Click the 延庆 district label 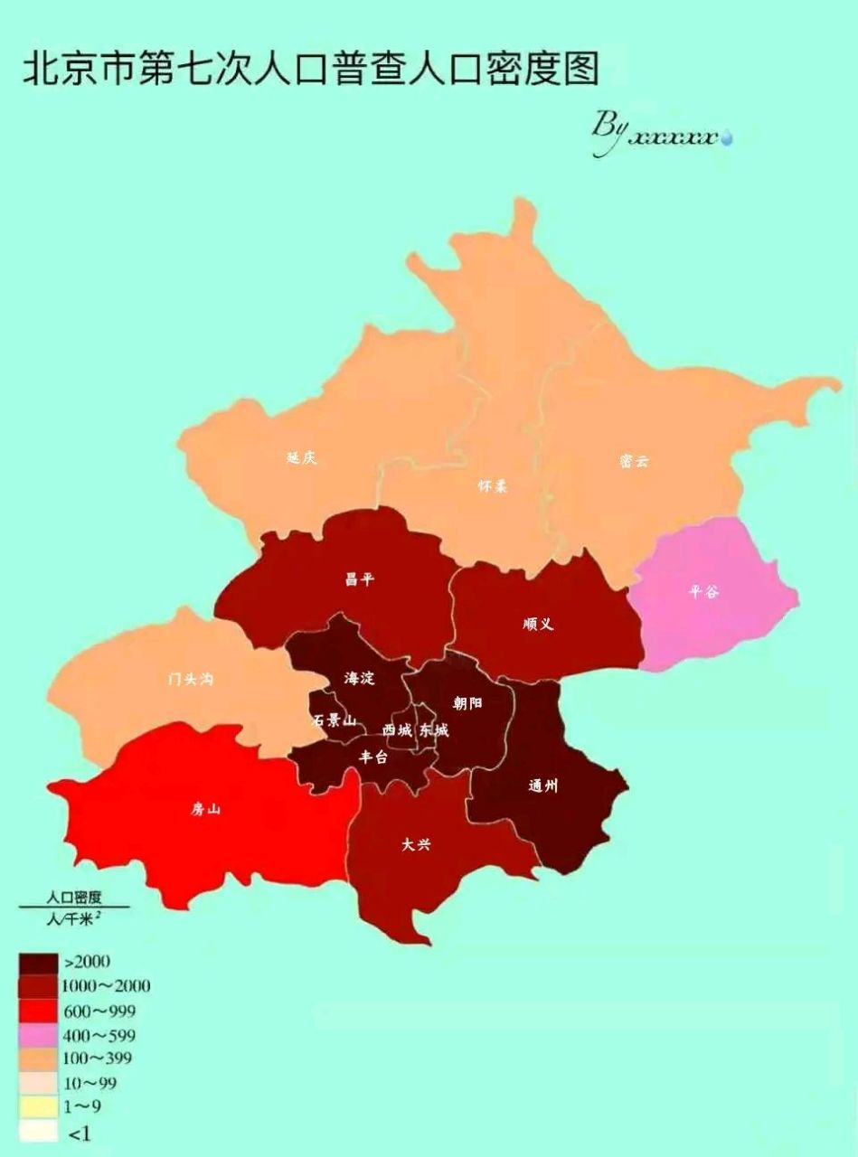[x=302, y=458]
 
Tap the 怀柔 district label [x=493, y=486]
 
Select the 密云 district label [x=634, y=461]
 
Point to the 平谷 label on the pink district [x=704, y=592]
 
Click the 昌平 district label [x=359, y=579]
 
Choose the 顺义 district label [x=538, y=624]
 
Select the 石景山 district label [x=334, y=720]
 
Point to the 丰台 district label [x=373, y=757]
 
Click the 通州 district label [x=543, y=785]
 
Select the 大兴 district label [x=416, y=845]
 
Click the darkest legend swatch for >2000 [x=37, y=962]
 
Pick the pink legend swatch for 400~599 [x=37, y=1034]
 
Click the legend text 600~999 [x=100, y=1010]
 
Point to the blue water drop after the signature [x=726, y=138]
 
